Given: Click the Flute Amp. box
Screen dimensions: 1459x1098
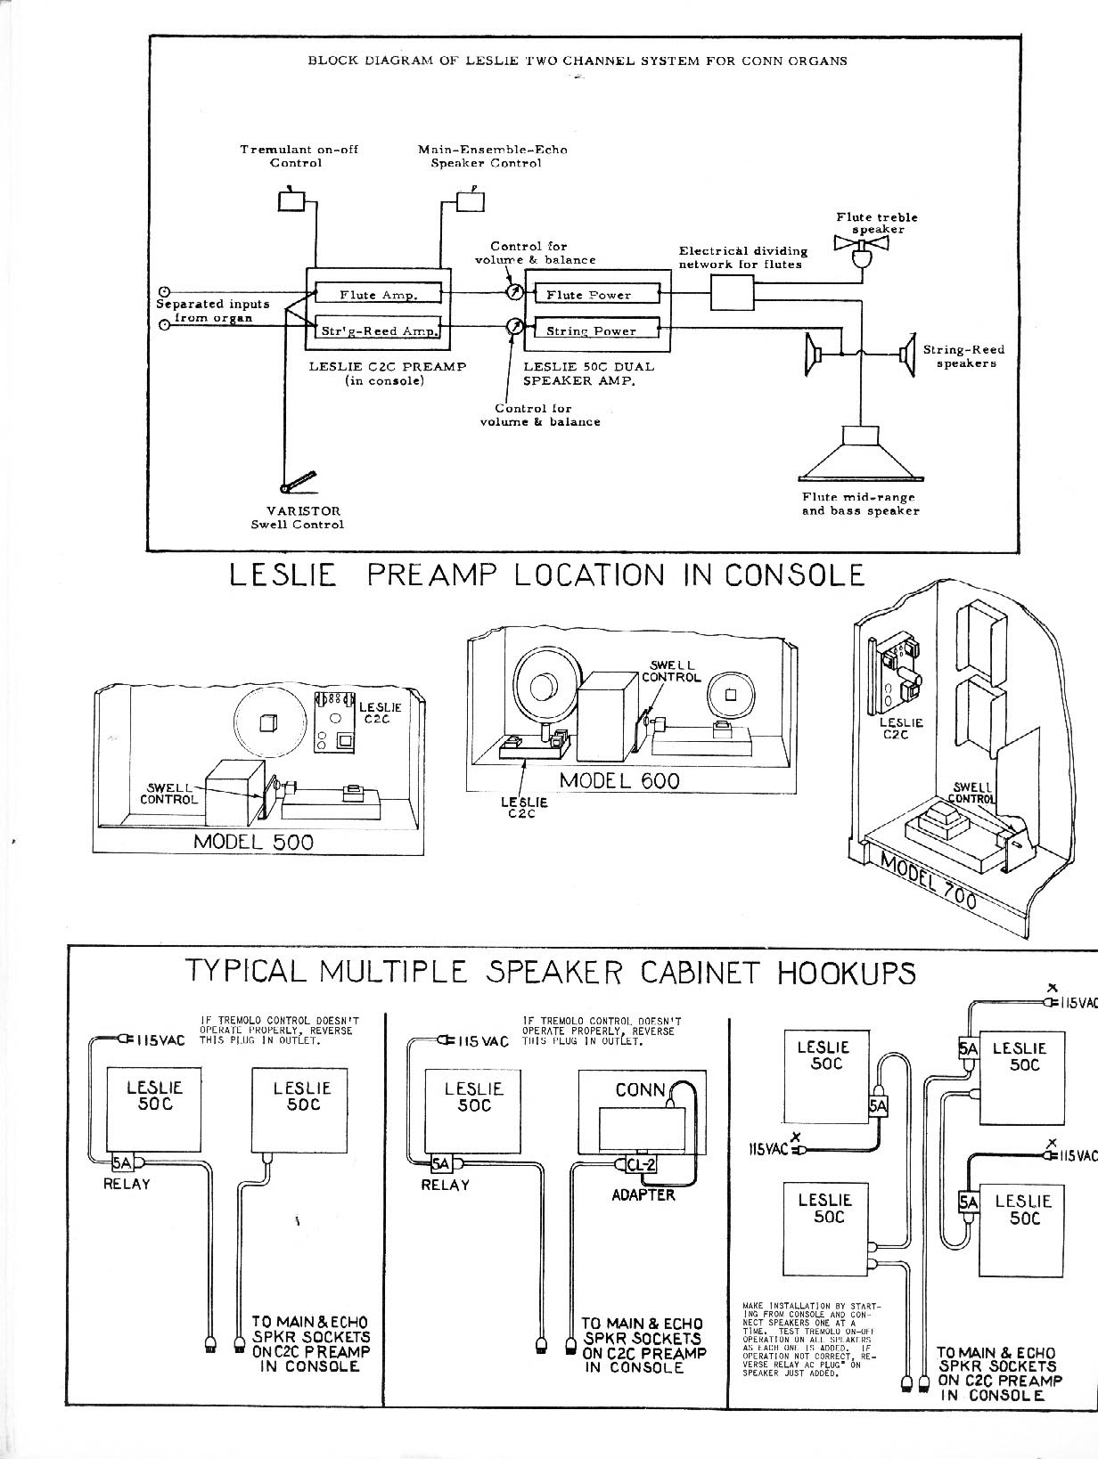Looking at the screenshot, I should [379, 294].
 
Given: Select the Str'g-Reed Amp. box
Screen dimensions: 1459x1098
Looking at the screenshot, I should [379, 330].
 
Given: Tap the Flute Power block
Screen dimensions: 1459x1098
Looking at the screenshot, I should [593, 294].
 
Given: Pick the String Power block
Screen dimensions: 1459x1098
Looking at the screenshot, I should [593, 330].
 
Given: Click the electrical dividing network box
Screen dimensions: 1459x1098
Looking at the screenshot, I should [732, 292].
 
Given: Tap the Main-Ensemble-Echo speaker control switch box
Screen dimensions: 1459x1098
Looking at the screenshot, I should [471, 201].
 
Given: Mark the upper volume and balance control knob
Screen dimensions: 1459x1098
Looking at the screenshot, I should [514, 293].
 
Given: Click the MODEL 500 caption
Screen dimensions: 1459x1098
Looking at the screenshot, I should [254, 842].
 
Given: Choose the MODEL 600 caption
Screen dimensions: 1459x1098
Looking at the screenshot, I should [619, 780].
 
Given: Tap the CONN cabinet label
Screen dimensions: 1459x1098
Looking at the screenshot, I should [640, 1089].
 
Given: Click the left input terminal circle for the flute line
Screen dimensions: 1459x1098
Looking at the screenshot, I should [164, 291].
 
